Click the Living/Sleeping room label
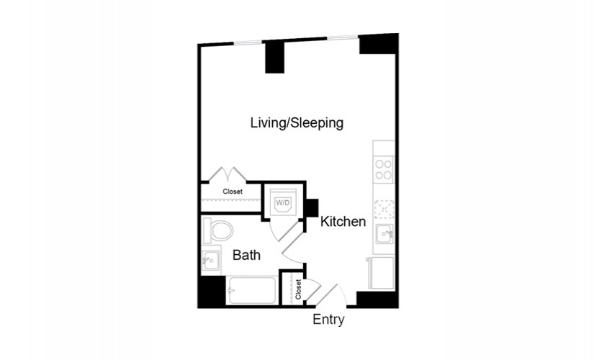[297, 123]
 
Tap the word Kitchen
[343, 221]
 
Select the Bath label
[247, 255]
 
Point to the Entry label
[328, 320]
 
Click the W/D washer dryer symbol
[283, 202]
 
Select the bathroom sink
[210, 261]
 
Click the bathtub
[252, 290]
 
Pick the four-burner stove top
[383, 170]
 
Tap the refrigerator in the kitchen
[381, 273]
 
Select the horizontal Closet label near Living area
[233, 192]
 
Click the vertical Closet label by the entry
[298, 289]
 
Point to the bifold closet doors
[228, 174]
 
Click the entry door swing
[332, 295]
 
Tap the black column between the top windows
[274, 57]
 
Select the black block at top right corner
[379, 44]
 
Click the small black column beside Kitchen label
[312, 208]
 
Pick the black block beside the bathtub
[212, 291]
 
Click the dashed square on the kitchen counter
[384, 210]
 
